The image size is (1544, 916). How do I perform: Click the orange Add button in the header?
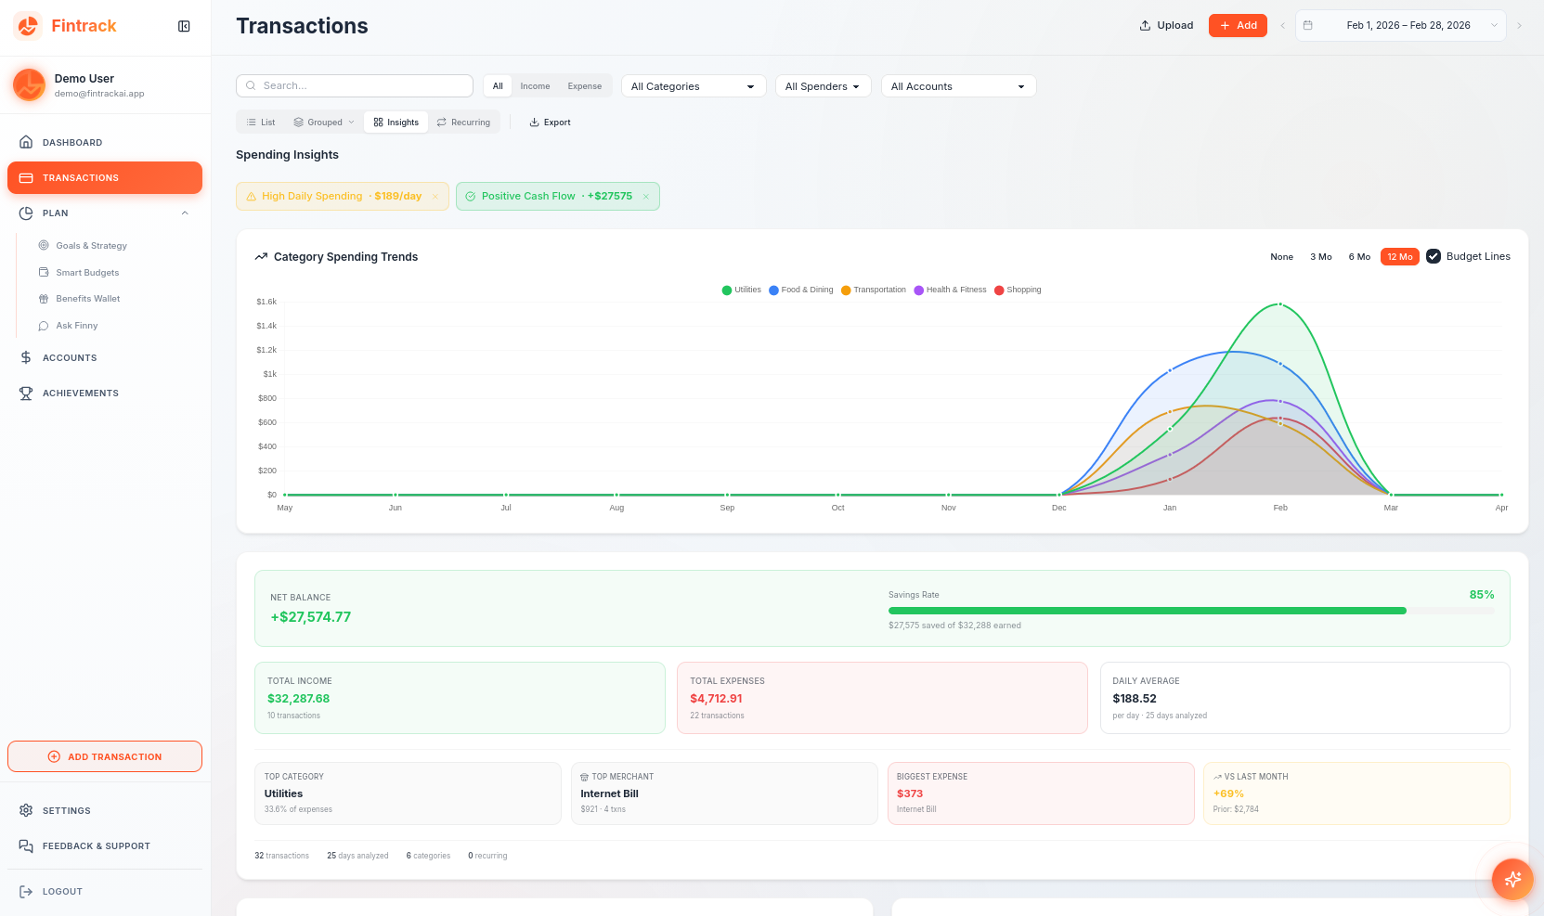1238,25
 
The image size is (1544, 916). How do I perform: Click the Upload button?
1166,25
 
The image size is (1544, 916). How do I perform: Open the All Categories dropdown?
693,86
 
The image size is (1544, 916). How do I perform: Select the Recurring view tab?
463,123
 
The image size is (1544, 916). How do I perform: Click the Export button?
550,123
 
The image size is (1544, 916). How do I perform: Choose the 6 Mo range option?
1359,257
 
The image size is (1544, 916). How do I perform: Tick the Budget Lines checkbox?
1434,256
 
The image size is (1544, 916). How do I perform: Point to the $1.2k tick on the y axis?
266,350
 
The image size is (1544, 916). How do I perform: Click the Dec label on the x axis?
1059,508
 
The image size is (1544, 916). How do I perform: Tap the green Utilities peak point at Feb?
1280,304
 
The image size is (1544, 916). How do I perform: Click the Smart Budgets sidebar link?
87,273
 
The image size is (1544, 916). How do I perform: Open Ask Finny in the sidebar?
76,326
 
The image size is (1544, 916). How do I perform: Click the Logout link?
61,892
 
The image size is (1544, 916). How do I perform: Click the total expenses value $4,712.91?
716,699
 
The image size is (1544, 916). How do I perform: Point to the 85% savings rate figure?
1481,595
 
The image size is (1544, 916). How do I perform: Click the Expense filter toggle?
584,86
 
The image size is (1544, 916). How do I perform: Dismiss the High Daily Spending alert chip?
435,197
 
